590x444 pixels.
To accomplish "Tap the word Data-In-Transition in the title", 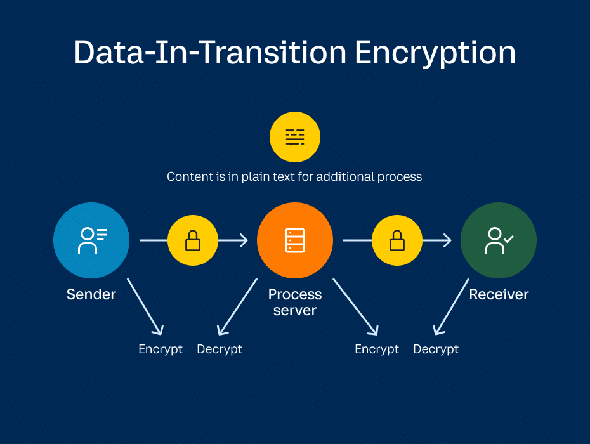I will pyautogui.click(x=210, y=53).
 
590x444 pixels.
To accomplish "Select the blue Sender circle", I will pyautogui.click(x=91, y=240).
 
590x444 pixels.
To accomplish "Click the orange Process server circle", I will pyautogui.click(x=295, y=240).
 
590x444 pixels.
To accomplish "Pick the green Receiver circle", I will pyautogui.click(x=499, y=240).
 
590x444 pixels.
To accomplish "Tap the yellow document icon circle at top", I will pyautogui.click(x=295, y=137).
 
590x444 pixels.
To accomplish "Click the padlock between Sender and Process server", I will pyautogui.click(x=193, y=240).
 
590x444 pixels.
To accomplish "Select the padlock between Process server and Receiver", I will pyautogui.click(x=397, y=240).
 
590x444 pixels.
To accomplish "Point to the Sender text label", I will pyautogui.click(x=91, y=294).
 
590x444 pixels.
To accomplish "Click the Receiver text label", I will pyautogui.click(x=499, y=294).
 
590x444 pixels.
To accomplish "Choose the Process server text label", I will pyautogui.click(x=295, y=302).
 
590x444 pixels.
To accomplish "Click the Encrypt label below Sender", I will pyautogui.click(x=161, y=349).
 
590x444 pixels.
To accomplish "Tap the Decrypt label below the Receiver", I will pyautogui.click(x=436, y=349).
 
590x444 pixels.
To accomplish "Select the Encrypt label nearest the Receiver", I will pyautogui.click(x=377, y=349).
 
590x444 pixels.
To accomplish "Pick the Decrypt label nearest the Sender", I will pyautogui.click(x=220, y=349).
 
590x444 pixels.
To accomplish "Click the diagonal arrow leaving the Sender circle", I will pyautogui.click(x=145, y=306).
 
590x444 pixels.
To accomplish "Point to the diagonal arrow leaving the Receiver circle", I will pyautogui.click(x=451, y=306).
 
